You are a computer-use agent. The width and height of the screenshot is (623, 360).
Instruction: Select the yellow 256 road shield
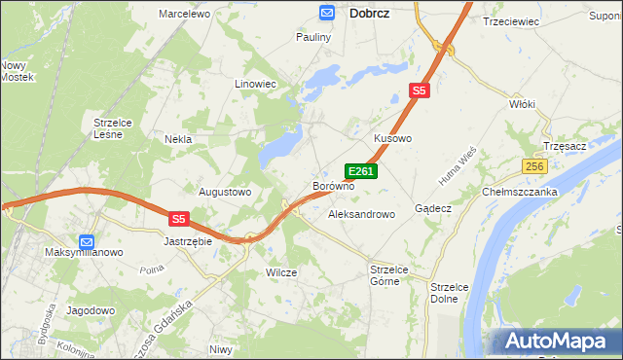pyautogui.click(x=533, y=167)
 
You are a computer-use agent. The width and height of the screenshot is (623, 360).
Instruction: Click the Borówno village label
pyautogui.click(x=332, y=185)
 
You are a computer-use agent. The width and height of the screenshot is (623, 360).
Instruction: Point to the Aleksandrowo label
pyautogui.click(x=362, y=213)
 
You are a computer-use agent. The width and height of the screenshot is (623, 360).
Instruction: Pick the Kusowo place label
pyautogui.click(x=393, y=139)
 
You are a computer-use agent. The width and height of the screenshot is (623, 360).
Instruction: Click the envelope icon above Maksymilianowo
pyautogui.click(x=87, y=240)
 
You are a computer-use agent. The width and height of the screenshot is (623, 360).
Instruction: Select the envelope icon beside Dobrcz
pyautogui.click(x=327, y=12)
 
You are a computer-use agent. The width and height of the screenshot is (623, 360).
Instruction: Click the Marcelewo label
pyautogui.click(x=185, y=14)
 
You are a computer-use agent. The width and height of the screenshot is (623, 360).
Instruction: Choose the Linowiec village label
pyautogui.click(x=256, y=85)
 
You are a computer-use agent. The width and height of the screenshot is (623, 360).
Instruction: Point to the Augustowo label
pyautogui.click(x=225, y=192)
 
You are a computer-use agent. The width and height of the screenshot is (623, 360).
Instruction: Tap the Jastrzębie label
pyautogui.click(x=188, y=240)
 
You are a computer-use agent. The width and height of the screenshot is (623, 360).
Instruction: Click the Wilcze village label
pyautogui.click(x=281, y=272)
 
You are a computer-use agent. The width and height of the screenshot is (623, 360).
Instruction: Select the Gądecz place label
pyautogui.click(x=433, y=208)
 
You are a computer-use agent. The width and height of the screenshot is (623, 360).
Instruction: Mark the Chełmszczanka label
pyautogui.click(x=520, y=192)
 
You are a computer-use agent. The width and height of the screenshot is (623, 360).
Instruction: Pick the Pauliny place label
pyautogui.click(x=313, y=37)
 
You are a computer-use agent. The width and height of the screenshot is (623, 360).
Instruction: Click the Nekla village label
pyautogui.click(x=178, y=139)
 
